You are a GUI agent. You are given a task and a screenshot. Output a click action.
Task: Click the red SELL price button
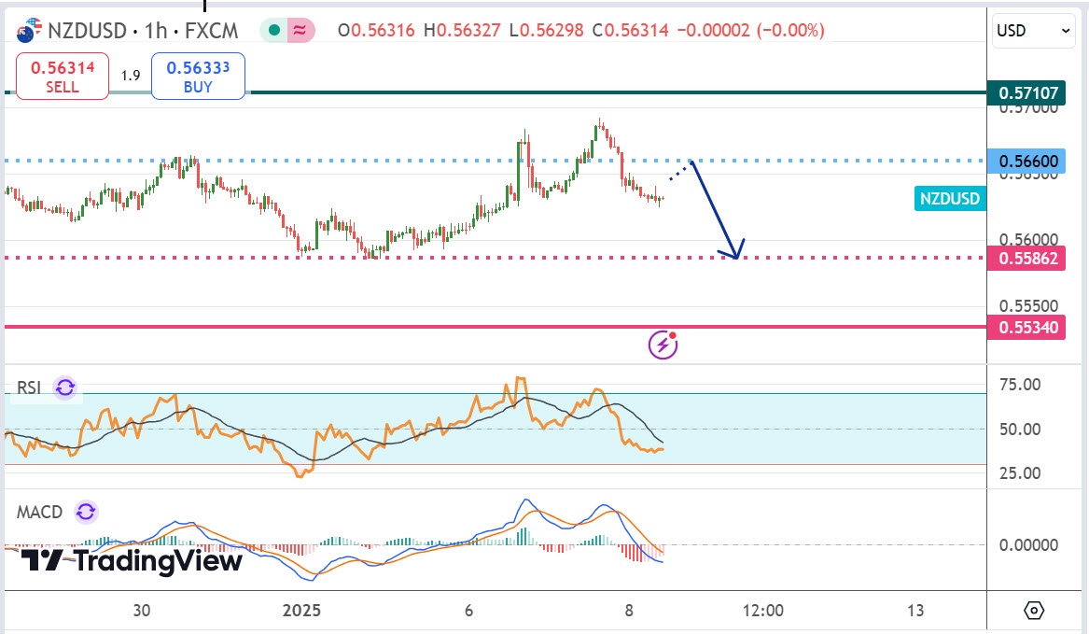(63, 77)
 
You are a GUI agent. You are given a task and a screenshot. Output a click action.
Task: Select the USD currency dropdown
(1034, 31)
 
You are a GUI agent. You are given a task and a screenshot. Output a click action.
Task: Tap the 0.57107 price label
(1027, 93)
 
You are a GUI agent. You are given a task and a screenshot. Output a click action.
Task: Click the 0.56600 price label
(1027, 162)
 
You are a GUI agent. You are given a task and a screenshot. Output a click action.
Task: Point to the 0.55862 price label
(1027, 259)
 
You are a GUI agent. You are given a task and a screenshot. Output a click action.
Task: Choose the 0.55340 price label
(1027, 327)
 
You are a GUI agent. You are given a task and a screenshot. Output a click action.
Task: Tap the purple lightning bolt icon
(663, 345)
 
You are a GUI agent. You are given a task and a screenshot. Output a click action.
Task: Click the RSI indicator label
(29, 387)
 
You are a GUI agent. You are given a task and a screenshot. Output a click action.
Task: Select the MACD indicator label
(40, 512)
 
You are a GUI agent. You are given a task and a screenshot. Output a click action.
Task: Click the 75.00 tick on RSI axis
(1020, 385)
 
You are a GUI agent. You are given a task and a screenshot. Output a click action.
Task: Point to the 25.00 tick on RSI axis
(1020, 473)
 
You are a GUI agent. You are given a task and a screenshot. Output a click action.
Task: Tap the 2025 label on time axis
(300, 611)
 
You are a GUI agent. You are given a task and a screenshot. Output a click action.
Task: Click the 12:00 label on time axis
(762, 611)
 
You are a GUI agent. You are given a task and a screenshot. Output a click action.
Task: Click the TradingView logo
(132, 561)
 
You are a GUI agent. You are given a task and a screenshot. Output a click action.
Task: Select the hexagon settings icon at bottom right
(1034, 611)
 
